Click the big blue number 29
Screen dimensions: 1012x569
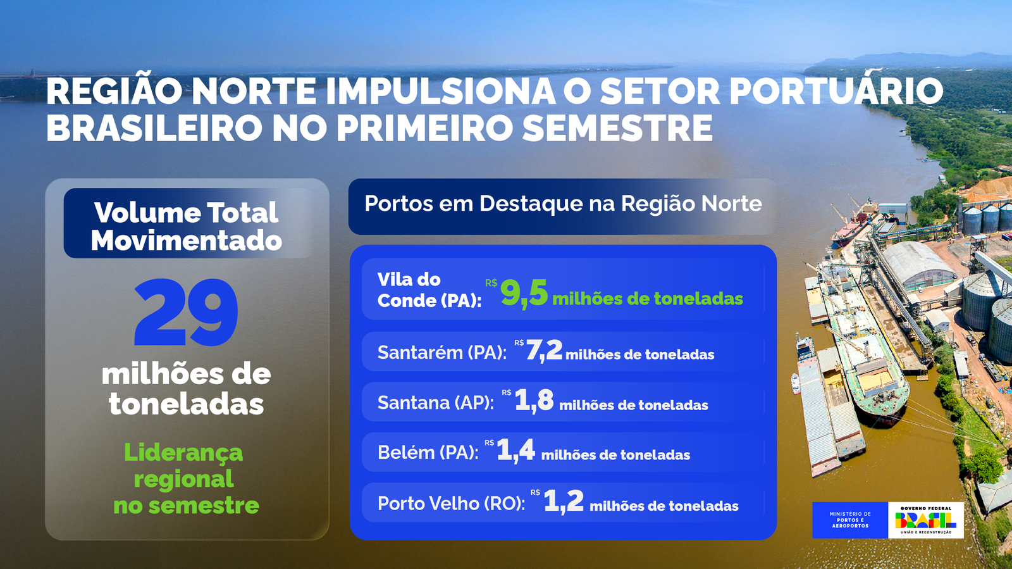point(186,312)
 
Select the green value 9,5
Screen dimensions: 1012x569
point(524,293)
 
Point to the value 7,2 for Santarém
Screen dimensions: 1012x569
point(544,350)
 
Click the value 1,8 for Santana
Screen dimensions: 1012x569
point(534,401)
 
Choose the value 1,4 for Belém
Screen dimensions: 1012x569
point(515,450)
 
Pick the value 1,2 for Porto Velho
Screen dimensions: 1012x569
point(564,501)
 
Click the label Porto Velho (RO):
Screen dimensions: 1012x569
point(452,503)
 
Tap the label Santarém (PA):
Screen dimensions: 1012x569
point(442,352)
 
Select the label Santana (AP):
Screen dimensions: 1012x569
point(436,403)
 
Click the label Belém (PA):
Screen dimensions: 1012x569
point(428,452)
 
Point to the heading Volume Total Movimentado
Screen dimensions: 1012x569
point(186,226)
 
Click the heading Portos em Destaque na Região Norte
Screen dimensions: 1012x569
point(563,203)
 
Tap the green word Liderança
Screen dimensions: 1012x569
point(183,453)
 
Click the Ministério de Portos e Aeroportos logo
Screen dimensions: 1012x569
point(850,520)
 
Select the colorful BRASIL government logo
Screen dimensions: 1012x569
point(926,520)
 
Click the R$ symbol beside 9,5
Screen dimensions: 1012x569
point(491,283)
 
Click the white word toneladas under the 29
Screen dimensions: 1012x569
point(186,404)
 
